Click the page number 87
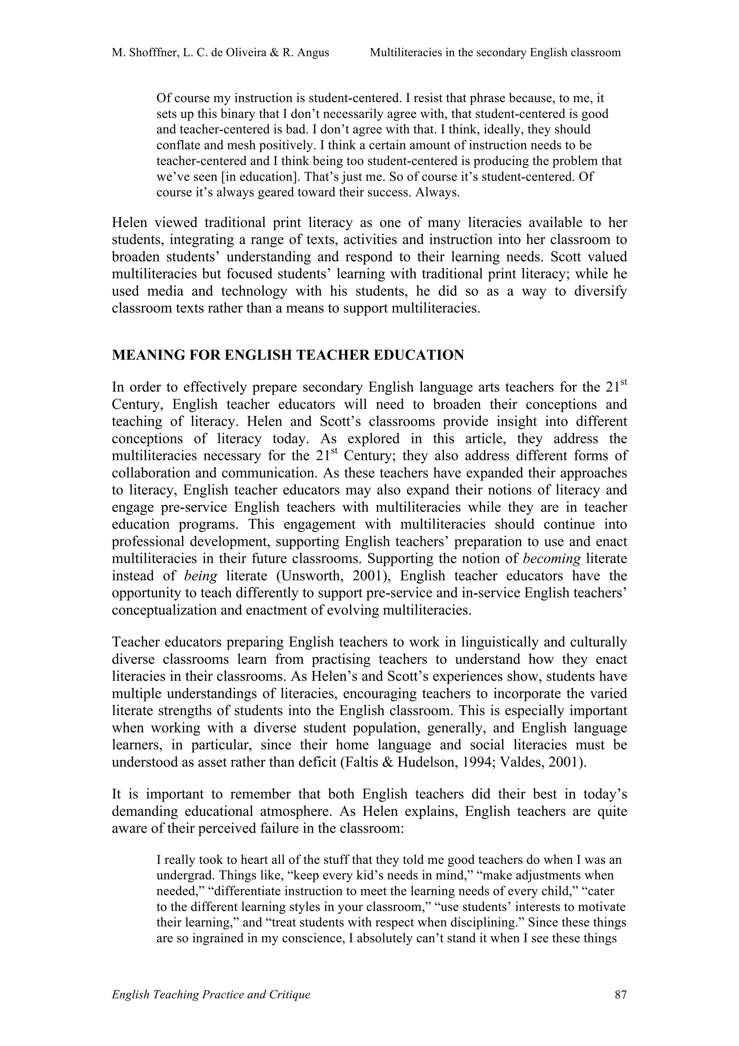click(620, 994)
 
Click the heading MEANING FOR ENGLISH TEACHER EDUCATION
click(288, 355)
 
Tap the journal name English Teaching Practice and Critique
click(211, 994)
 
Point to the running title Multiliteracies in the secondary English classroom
click(495, 53)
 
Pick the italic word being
click(201, 576)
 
